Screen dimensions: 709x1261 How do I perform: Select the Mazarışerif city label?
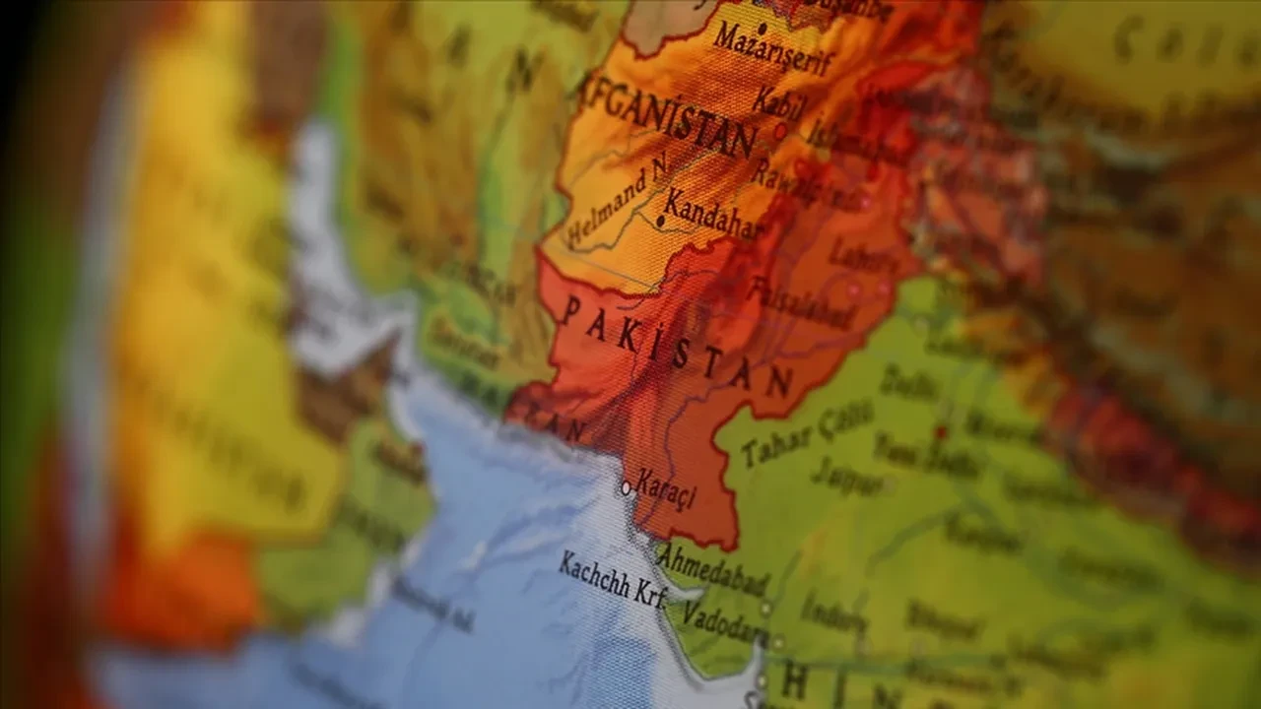click(x=773, y=50)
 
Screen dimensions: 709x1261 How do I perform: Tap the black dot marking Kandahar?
click(x=660, y=223)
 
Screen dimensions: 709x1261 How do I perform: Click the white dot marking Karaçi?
click(x=626, y=486)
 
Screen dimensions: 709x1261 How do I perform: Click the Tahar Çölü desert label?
click(x=807, y=433)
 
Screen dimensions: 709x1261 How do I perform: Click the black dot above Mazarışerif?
click(x=762, y=27)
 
